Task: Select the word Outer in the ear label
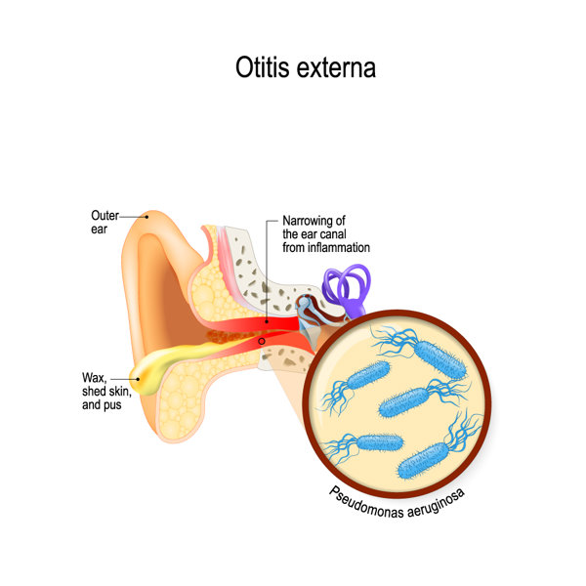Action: pyautogui.click(x=105, y=215)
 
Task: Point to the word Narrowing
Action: pyautogui.click(x=308, y=221)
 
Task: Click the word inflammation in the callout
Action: pyautogui.click(x=341, y=248)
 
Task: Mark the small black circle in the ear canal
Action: pyautogui.click(x=261, y=340)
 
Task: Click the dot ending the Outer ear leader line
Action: pyautogui.click(x=146, y=217)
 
